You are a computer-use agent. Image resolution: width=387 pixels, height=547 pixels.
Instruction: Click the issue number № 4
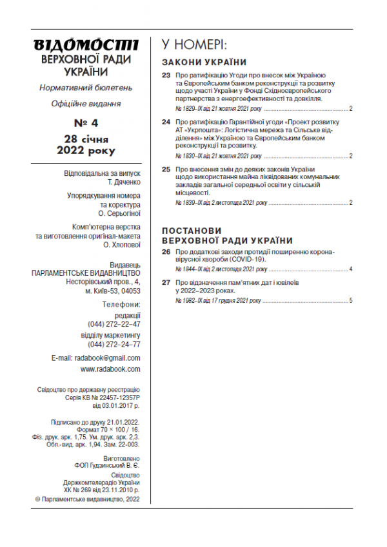84,122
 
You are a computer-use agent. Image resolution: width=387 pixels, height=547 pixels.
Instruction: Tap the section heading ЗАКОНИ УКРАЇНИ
204,62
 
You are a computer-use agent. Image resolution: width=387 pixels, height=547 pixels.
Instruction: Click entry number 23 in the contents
166,76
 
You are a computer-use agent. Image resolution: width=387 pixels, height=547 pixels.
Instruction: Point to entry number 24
166,122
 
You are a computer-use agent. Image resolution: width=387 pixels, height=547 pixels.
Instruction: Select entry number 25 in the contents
166,168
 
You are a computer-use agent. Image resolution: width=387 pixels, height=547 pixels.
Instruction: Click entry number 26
166,251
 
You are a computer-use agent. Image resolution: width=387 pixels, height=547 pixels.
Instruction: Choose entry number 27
166,283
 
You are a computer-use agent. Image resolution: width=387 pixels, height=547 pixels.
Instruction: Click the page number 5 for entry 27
350,301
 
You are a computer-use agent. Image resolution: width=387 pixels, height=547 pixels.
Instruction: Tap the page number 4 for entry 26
350,269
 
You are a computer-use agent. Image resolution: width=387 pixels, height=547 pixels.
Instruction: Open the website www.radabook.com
110,369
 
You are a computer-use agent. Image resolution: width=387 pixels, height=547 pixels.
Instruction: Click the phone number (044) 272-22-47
114,324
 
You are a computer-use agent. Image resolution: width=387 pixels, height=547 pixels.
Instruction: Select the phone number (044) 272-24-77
114,344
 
